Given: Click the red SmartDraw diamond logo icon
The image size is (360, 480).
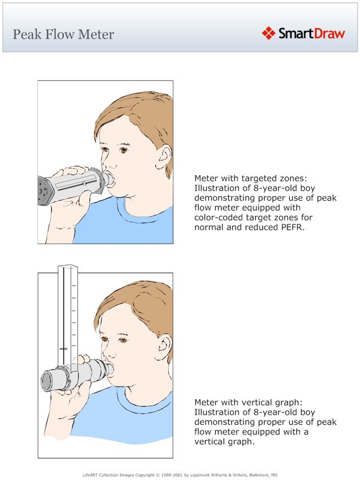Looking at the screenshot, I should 268,32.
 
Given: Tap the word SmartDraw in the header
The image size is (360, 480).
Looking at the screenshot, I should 311,32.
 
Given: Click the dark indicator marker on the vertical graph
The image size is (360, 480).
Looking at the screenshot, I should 64,348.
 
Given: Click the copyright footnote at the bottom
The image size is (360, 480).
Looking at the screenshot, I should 180,474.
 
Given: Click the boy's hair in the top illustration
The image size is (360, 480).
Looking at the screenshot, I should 138,117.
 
